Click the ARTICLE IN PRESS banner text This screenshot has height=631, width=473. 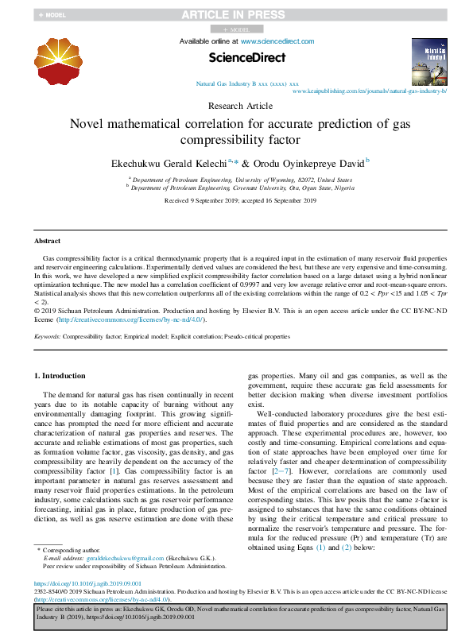[235, 14]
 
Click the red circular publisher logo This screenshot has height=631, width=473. [58, 59]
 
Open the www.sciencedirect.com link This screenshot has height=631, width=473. [277, 41]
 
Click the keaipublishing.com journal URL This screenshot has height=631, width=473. [370, 91]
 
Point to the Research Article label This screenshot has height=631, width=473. [240, 106]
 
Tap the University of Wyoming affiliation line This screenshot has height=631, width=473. [242, 180]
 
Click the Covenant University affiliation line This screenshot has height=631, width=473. [242, 189]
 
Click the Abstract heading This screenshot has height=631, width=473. [47, 241]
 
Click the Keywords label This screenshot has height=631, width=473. [47, 336]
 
